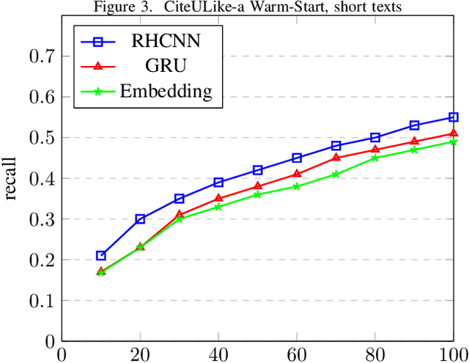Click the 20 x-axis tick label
point(140,354)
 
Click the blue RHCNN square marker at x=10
point(100,255)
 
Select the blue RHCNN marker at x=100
point(454,117)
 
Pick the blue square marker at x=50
point(257,170)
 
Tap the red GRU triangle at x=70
point(336,157)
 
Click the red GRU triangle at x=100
point(454,133)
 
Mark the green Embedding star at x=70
point(336,174)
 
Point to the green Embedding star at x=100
point(454,142)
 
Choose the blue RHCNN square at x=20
point(140,219)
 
